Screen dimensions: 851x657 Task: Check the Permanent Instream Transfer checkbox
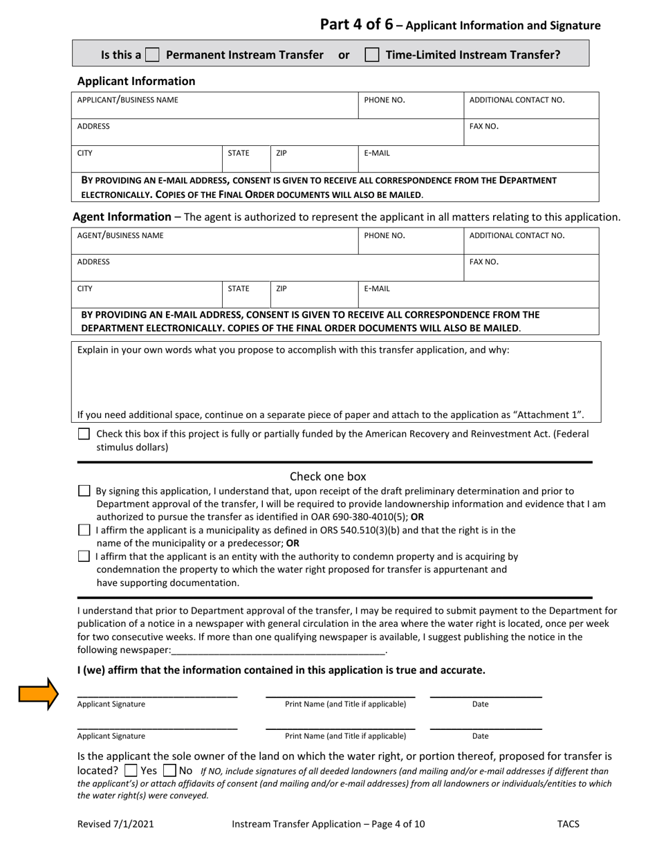tap(152, 55)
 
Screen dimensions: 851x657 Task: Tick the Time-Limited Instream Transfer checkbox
tap(372, 55)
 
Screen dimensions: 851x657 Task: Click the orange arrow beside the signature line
tap(39, 694)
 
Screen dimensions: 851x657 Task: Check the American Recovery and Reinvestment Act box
tap(84, 434)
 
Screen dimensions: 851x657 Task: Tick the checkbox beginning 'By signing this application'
tap(84, 491)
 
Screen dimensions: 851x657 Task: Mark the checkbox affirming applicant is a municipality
tap(84, 531)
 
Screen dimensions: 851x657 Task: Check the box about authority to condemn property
tap(84, 556)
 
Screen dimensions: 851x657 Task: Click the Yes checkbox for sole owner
tap(130, 770)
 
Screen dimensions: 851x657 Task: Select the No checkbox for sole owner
tap(169, 770)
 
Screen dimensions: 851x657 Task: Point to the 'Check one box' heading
tap(328, 476)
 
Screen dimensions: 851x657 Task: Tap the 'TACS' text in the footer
tap(568, 824)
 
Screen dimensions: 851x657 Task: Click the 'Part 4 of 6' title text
tap(356, 24)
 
